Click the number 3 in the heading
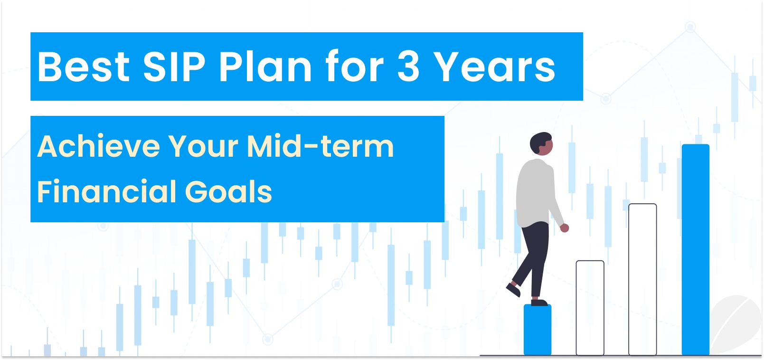click(x=408, y=66)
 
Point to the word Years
click(x=494, y=66)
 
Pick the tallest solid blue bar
click(x=695, y=249)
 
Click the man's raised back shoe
click(x=513, y=289)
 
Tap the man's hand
click(x=564, y=228)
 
